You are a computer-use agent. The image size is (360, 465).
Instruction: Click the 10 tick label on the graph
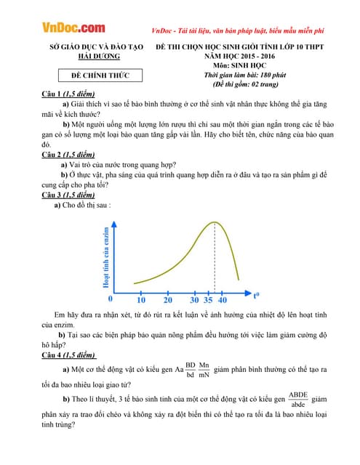[140, 300]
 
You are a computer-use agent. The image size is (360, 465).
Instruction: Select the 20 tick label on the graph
[168, 300]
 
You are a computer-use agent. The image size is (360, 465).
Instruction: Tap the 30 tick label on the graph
[194, 300]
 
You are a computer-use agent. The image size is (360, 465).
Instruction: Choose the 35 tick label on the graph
[209, 300]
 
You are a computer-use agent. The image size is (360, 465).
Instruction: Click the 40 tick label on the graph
[223, 300]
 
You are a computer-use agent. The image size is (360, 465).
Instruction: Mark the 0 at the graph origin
[111, 298]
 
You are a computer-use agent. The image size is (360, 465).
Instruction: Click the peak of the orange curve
[214, 222]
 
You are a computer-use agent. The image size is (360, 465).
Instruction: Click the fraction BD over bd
[191, 370]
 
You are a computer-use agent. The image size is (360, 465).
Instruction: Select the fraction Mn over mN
[204, 370]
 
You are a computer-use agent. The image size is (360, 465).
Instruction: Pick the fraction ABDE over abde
[298, 399]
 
